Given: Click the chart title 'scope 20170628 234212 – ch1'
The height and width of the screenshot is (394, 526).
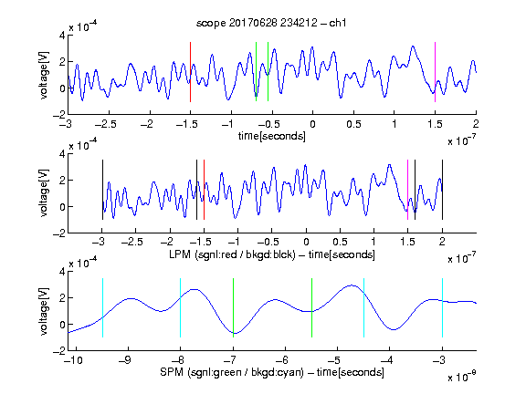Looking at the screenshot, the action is (271, 23).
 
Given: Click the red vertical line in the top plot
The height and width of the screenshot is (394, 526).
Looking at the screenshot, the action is (190, 72).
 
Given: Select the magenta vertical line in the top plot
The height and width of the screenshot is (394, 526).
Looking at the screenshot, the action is (435, 72).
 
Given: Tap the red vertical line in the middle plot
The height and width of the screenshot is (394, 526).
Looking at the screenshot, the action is (204, 190).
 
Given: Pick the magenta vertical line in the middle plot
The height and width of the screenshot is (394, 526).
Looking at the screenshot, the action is (407, 190).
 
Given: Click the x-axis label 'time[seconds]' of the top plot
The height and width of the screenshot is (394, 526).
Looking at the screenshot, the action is (272, 136).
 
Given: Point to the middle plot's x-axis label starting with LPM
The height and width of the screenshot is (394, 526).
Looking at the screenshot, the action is (272, 254).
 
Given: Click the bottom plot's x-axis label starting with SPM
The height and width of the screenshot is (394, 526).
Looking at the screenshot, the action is (272, 372).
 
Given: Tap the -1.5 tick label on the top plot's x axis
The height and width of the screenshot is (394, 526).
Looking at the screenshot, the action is (186, 124).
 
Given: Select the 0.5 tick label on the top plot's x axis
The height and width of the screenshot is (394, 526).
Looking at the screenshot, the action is (353, 124).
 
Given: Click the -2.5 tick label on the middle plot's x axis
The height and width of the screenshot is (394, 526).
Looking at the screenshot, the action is (132, 242).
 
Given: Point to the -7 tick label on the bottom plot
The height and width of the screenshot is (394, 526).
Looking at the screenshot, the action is (230, 360).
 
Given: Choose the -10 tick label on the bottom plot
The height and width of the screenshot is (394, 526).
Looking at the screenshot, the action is (72, 360).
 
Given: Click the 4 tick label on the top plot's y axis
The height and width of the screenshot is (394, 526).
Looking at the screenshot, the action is (62, 36).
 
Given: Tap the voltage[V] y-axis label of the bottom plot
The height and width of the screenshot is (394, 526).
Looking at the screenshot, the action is (44, 311).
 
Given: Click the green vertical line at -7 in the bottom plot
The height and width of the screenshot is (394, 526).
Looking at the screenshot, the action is (233, 307).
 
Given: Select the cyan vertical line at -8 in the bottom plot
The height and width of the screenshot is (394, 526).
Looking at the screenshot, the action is (180, 307).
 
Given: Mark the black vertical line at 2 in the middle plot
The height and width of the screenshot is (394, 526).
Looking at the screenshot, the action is (442, 190).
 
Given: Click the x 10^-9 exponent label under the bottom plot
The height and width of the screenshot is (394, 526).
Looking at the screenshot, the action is (462, 377).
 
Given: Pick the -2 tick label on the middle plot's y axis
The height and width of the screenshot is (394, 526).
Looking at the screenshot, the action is (59, 233).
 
